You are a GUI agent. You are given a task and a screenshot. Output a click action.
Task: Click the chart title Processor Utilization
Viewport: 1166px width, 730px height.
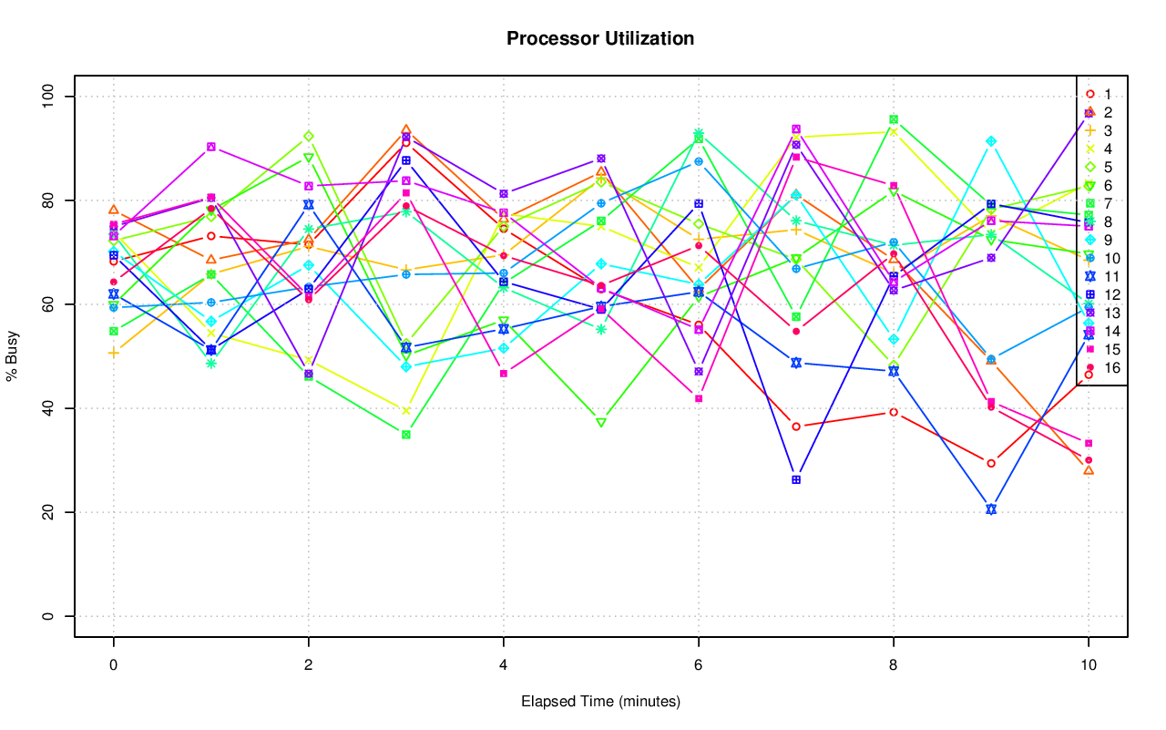[600, 38]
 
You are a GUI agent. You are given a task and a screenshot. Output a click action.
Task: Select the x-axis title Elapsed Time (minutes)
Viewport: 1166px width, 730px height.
[600, 702]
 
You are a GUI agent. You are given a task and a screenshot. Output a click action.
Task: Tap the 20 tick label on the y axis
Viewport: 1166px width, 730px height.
[50, 512]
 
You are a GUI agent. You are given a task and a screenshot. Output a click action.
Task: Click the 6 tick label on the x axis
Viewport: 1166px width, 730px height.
[698, 666]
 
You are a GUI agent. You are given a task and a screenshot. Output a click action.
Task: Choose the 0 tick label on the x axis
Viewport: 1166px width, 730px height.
[113, 666]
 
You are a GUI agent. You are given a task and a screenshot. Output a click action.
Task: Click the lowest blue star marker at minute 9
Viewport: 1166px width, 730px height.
[991, 509]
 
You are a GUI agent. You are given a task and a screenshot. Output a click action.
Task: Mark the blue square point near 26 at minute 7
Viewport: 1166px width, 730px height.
[796, 479]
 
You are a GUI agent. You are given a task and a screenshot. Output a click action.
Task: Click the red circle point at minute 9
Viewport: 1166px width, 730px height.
[991, 463]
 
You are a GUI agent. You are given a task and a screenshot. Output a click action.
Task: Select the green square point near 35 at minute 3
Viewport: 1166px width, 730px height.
[405, 435]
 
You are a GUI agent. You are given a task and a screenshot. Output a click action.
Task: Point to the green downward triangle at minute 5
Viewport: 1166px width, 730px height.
[601, 423]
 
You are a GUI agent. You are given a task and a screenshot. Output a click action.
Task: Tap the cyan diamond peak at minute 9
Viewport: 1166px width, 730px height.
[991, 141]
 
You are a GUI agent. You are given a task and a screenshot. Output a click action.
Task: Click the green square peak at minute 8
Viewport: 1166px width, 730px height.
[894, 119]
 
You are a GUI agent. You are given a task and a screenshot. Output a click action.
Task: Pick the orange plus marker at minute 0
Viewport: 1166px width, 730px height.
[113, 353]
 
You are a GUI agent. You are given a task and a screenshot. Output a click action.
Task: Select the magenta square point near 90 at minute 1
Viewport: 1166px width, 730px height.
[211, 147]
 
